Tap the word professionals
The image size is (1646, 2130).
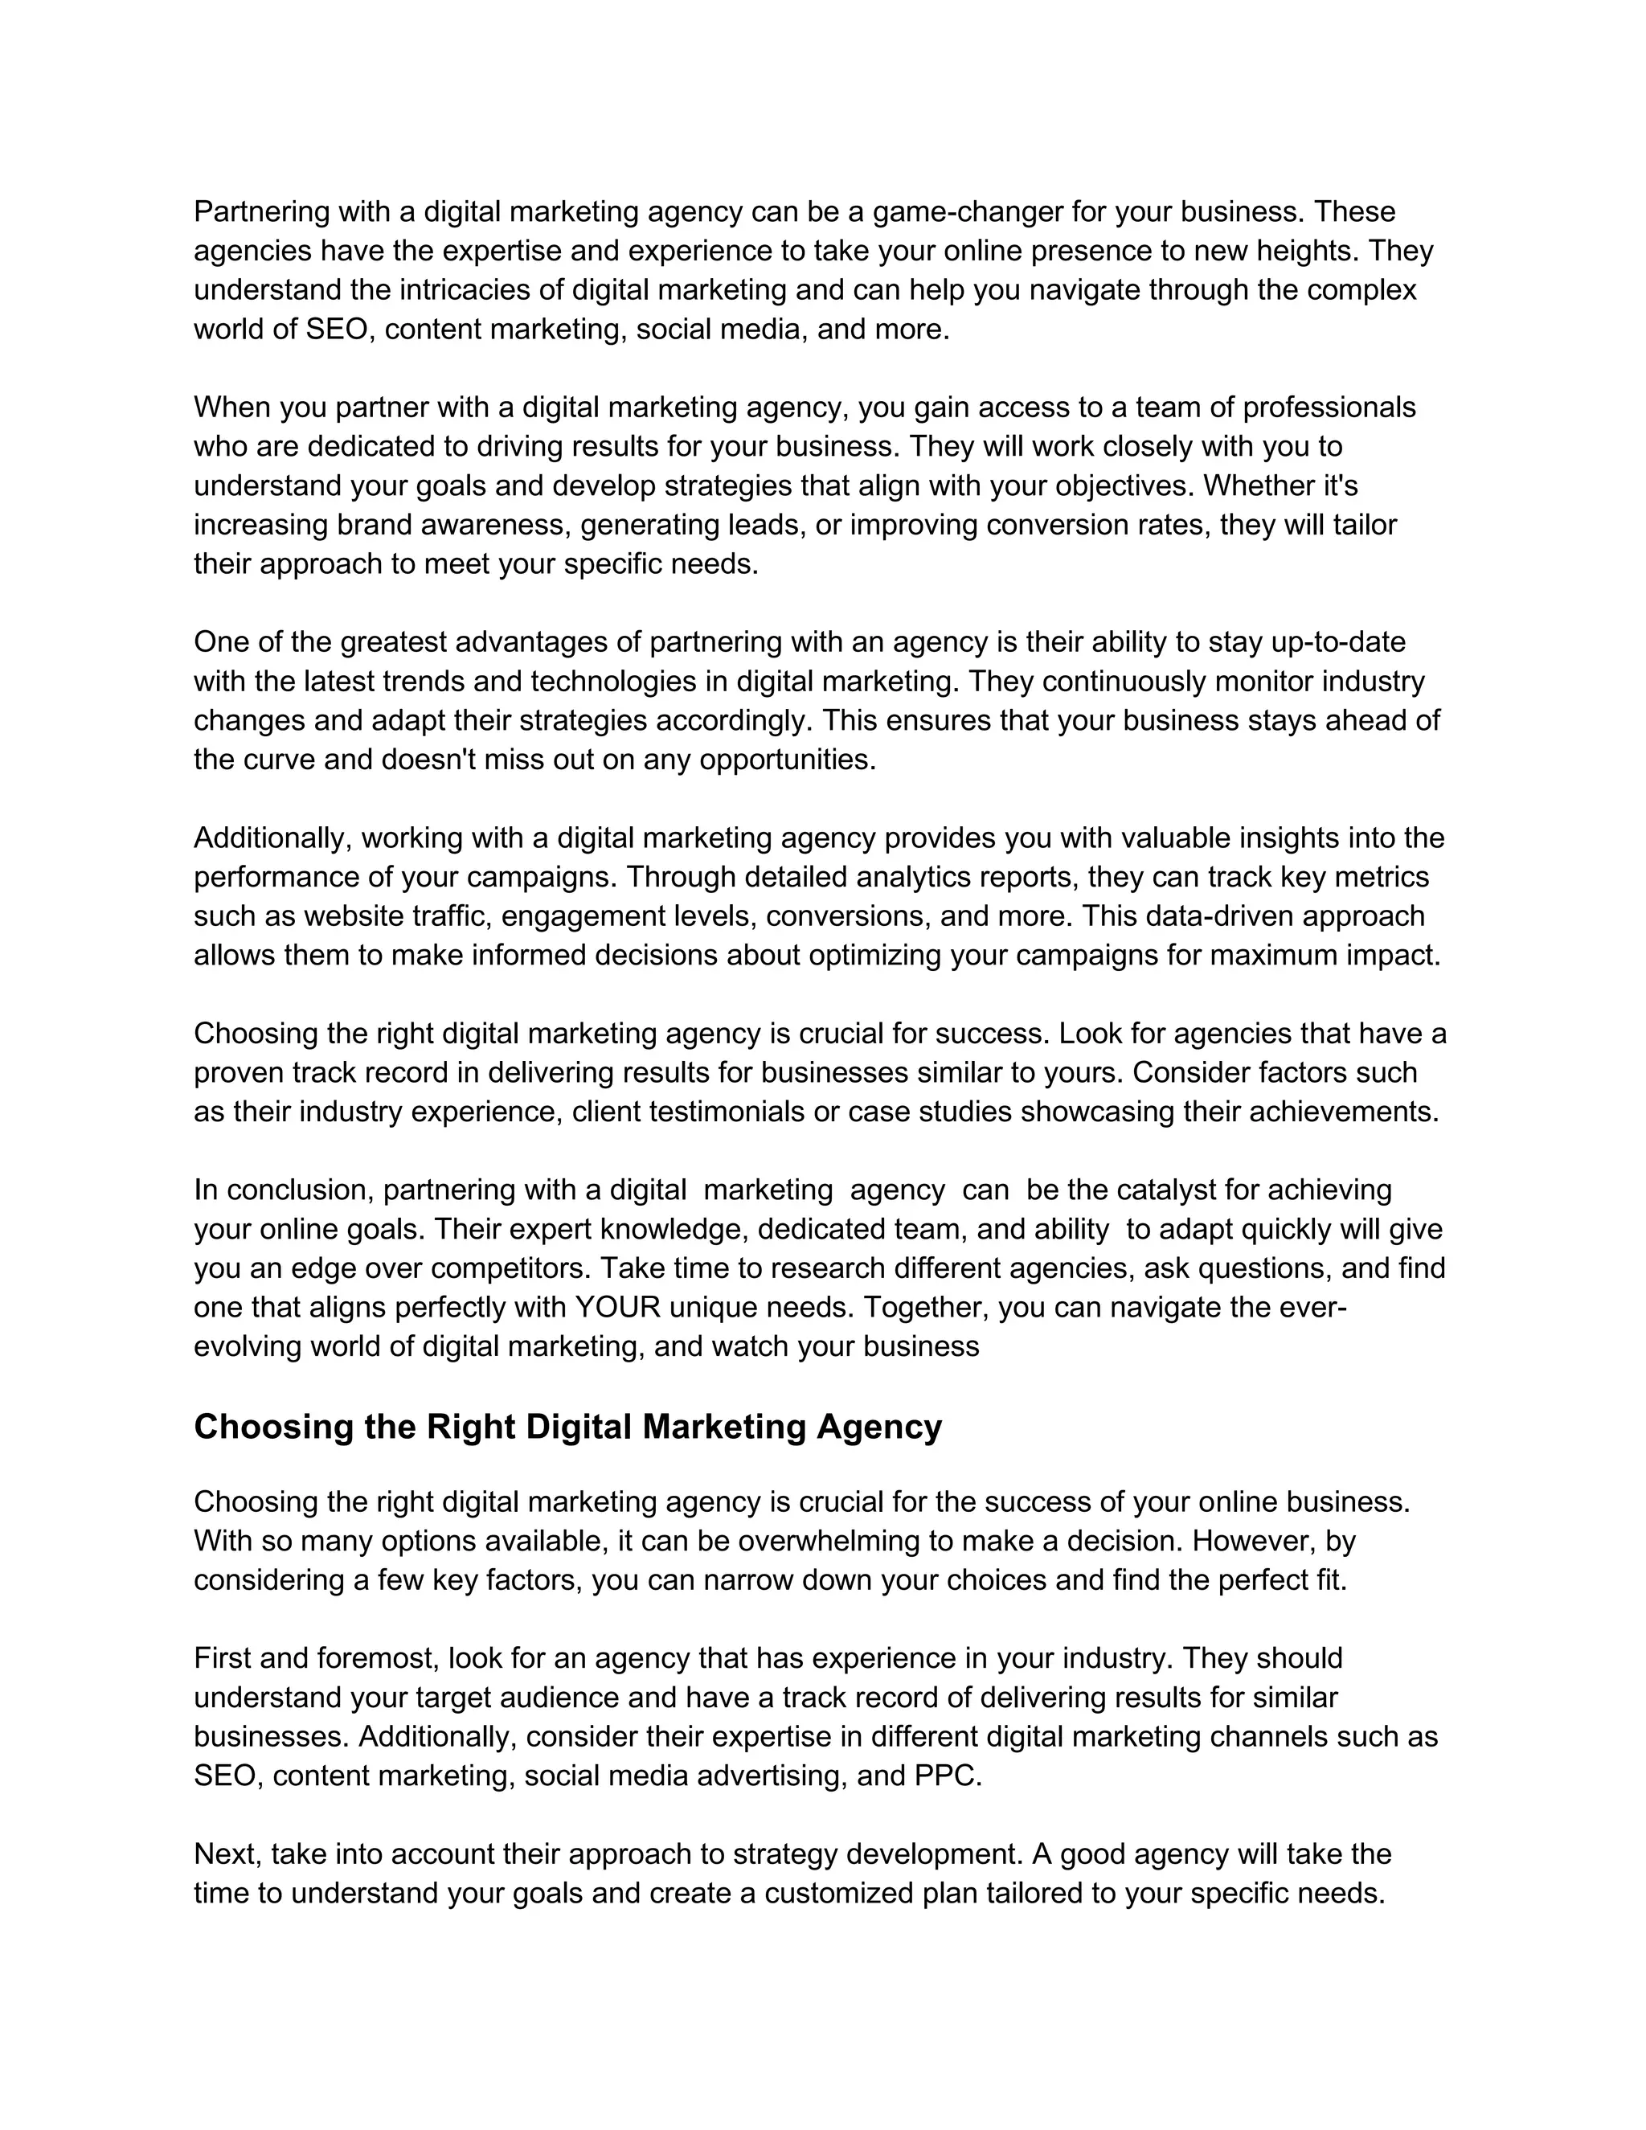tap(1328, 407)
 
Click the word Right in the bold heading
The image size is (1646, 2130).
tap(471, 1427)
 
